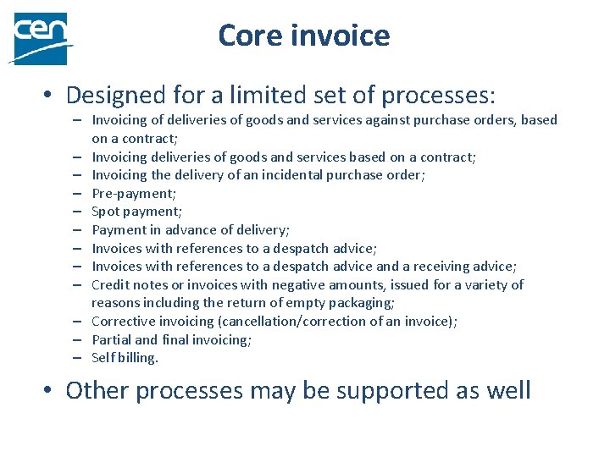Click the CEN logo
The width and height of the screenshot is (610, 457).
click(39, 38)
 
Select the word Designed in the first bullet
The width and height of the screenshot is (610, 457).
click(111, 94)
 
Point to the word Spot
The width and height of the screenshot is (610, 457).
click(105, 212)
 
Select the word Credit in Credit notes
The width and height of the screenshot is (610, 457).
click(109, 284)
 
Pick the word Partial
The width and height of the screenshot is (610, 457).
click(112, 339)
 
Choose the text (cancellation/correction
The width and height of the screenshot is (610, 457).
click(291, 322)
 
